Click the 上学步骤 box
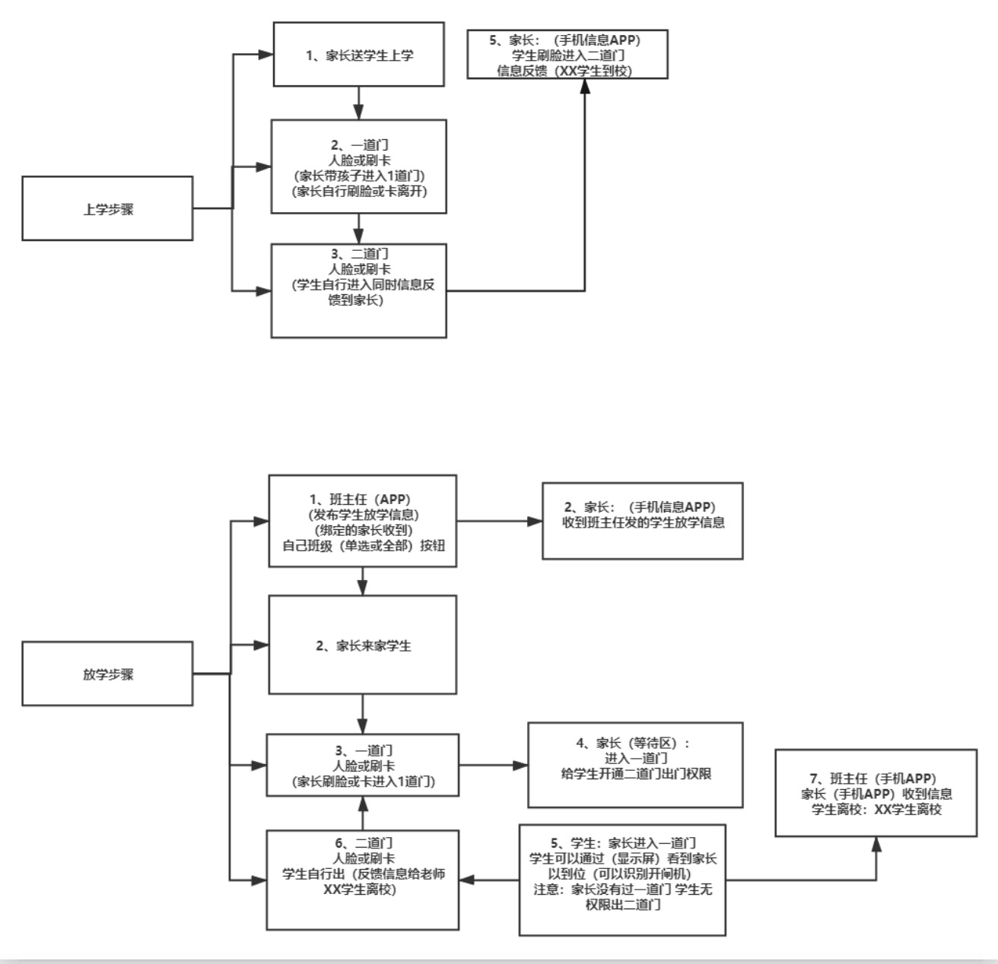coord(107,208)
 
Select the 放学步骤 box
coord(107,674)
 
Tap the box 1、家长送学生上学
coord(358,54)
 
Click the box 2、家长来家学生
coord(363,645)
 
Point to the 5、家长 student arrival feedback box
coord(567,55)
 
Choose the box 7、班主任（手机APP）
coord(876,793)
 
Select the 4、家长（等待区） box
coord(635,764)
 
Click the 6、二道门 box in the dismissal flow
coord(362,879)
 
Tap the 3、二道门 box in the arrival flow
coord(358,290)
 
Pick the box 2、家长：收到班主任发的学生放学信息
coord(642,521)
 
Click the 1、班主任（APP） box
coord(363,521)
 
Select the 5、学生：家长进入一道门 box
coord(622,879)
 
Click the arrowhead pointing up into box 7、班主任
coord(876,845)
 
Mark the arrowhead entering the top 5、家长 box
coord(585,86)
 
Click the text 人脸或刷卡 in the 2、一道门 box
coord(359,160)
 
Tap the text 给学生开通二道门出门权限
coord(636,774)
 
